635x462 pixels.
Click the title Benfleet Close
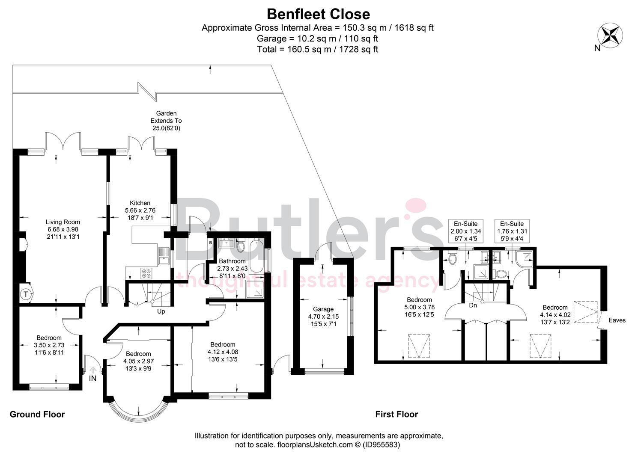coord(318,14)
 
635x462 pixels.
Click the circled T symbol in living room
coord(26,294)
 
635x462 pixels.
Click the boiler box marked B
coord(210,243)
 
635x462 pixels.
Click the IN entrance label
coord(93,379)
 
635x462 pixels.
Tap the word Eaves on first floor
coord(617,320)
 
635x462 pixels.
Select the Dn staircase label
coord(473,305)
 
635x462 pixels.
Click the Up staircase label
coord(161,311)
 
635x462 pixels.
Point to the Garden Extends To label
coord(166,121)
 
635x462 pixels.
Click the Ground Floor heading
coord(37,414)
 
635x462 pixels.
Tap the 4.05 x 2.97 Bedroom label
coord(138,361)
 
